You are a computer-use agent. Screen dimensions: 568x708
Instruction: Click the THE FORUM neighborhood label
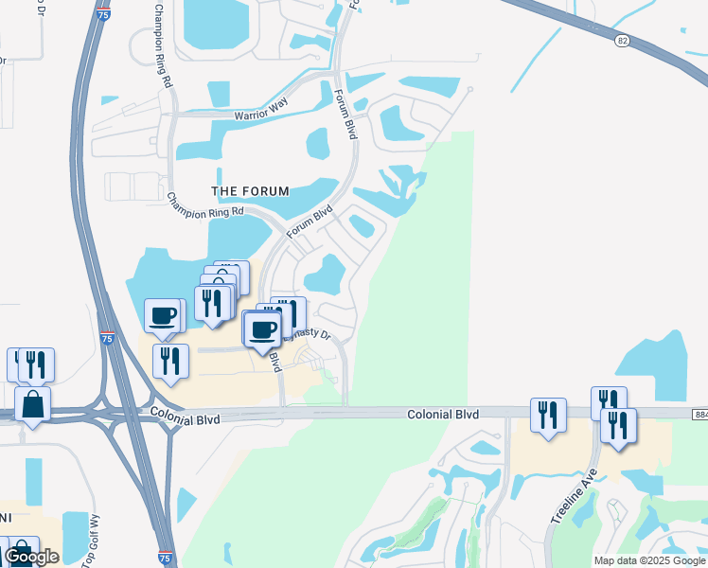pyautogui.click(x=251, y=190)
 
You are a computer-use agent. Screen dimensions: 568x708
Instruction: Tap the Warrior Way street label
pyautogui.click(x=261, y=116)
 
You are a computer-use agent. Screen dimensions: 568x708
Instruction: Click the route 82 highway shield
pyautogui.click(x=621, y=40)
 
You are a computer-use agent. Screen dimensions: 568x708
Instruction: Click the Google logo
pyautogui.click(x=32, y=557)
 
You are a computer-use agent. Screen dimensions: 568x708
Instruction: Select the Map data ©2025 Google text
pyautogui.click(x=648, y=560)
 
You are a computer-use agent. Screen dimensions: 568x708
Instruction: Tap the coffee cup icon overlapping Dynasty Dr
pyautogui.click(x=262, y=328)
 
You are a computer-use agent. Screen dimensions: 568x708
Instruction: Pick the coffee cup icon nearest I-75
pyautogui.click(x=162, y=315)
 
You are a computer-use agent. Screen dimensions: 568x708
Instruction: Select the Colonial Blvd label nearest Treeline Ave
pyautogui.click(x=443, y=415)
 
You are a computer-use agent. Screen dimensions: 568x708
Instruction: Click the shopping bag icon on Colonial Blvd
pyautogui.click(x=33, y=404)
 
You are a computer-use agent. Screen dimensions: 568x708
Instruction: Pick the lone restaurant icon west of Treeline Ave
pyautogui.click(x=548, y=414)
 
